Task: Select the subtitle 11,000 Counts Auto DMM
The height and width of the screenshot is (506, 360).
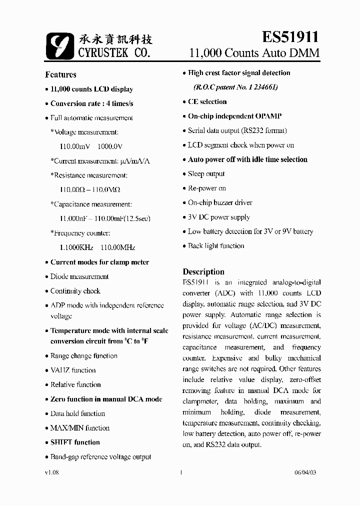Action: (254, 53)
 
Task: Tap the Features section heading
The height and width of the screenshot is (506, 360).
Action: (60, 74)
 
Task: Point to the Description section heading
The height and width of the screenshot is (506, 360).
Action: (203, 271)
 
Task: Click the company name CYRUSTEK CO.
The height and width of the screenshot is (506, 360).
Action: (113, 52)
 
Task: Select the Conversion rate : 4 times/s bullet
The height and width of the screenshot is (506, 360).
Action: (91, 103)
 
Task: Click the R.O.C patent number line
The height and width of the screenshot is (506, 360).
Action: (235, 87)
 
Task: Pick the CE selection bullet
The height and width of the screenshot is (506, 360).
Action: (207, 101)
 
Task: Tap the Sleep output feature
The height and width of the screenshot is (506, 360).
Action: (206, 174)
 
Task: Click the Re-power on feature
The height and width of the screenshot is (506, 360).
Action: (206, 188)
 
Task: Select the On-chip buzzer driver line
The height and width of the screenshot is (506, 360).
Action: (220, 203)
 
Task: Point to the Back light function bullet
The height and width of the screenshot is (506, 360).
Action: (216, 246)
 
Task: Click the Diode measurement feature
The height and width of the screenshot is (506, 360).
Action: (79, 276)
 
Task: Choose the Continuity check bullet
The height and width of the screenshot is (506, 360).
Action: (75, 291)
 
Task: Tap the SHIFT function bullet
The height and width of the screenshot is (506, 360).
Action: (75, 442)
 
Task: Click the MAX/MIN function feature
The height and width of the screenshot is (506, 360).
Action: (79, 428)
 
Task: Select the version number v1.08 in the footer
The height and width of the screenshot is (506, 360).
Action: (52, 472)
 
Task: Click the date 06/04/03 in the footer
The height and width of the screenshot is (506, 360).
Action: (305, 472)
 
